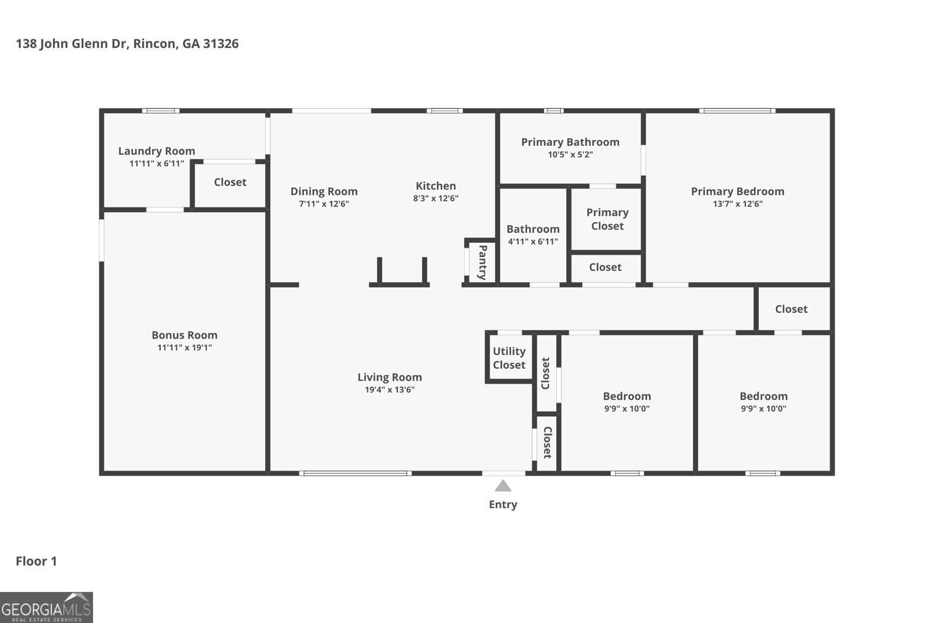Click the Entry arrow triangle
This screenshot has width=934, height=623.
tap(503, 486)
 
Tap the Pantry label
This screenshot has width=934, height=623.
tap(483, 262)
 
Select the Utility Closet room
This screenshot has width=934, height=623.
tap(509, 358)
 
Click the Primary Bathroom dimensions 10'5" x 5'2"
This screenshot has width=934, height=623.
tap(570, 155)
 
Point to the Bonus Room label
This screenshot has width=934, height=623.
tap(184, 335)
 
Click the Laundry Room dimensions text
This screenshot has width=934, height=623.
tap(156, 163)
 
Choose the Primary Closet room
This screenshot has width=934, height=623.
tap(607, 219)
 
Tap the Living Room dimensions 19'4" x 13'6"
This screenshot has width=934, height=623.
tap(389, 389)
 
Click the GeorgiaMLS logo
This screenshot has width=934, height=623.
tap(46, 607)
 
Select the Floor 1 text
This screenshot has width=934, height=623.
tap(36, 561)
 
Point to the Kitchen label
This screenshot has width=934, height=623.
tap(435, 186)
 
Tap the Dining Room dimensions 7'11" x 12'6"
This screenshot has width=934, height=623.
tap(324, 204)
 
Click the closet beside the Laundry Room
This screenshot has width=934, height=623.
tap(230, 182)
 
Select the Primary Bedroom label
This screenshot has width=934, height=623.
tap(737, 191)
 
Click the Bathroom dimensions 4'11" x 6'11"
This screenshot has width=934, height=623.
tap(533, 242)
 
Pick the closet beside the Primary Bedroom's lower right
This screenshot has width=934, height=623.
tap(791, 309)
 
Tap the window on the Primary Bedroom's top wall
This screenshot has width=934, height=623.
tap(737, 110)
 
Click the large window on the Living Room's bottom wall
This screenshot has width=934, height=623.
tap(355, 473)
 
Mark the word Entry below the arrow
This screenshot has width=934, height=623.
tap(503, 504)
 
